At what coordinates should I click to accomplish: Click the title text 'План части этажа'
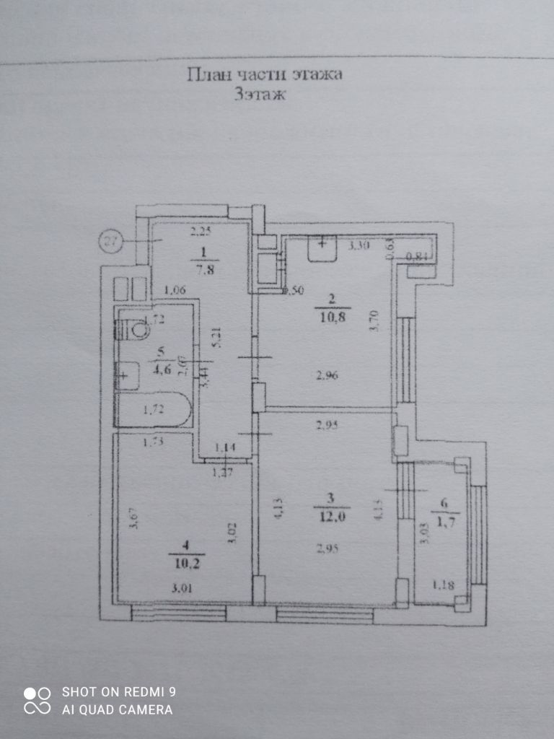pyautogui.click(x=264, y=74)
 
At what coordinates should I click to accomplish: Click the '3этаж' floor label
pyautogui.click(x=260, y=95)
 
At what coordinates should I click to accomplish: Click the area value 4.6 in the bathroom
pyautogui.click(x=160, y=370)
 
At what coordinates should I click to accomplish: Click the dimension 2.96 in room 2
pyautogui.click(x=327, y=374)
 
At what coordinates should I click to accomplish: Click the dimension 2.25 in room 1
pyautogui.click(x=200, y=232)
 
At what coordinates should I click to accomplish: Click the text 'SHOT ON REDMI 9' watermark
pyautogui.click(x=119, y=692)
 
